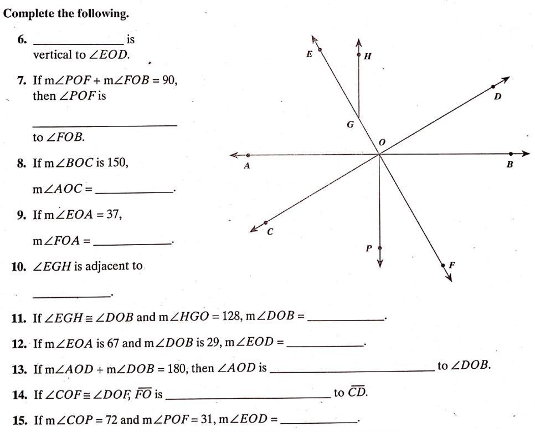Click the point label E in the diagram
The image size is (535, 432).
pyautogui.click(x=309, y=54)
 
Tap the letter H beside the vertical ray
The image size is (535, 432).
pyautogui.click(x=368, y=56)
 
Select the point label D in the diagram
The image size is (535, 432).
pyautogui.click(x=498, y=96)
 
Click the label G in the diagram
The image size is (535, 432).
pyautogui.click(x=351, y=124)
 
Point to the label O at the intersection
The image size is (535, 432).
pyautogui.click(x=382, y=142)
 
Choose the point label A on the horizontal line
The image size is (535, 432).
pyautogui.click(x=247, y=166)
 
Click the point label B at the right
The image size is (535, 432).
pyautogui.click(x=510, y=164)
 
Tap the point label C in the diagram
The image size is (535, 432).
pyautogui.click(x=270, y=232)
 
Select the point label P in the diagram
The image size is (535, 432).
pyautogui.click(x=368, y=248)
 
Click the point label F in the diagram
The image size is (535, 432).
pyautogui.click(x=452, y=265)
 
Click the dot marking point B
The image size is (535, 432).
pyautogui.click(x=511, y=154)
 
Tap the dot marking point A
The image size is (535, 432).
pyautogui.click(x=248, y=155)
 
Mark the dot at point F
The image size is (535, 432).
pyautogui.click(x=443, y=265)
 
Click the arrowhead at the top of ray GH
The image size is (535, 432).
pyautogui.click(x=358, y=42)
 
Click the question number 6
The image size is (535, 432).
pyautogui.click(x=22, y=39)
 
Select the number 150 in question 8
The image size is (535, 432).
pyautogui.click(x=117, y=162)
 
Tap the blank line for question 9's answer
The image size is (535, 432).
pyautogui.click(x=132, y=244)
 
